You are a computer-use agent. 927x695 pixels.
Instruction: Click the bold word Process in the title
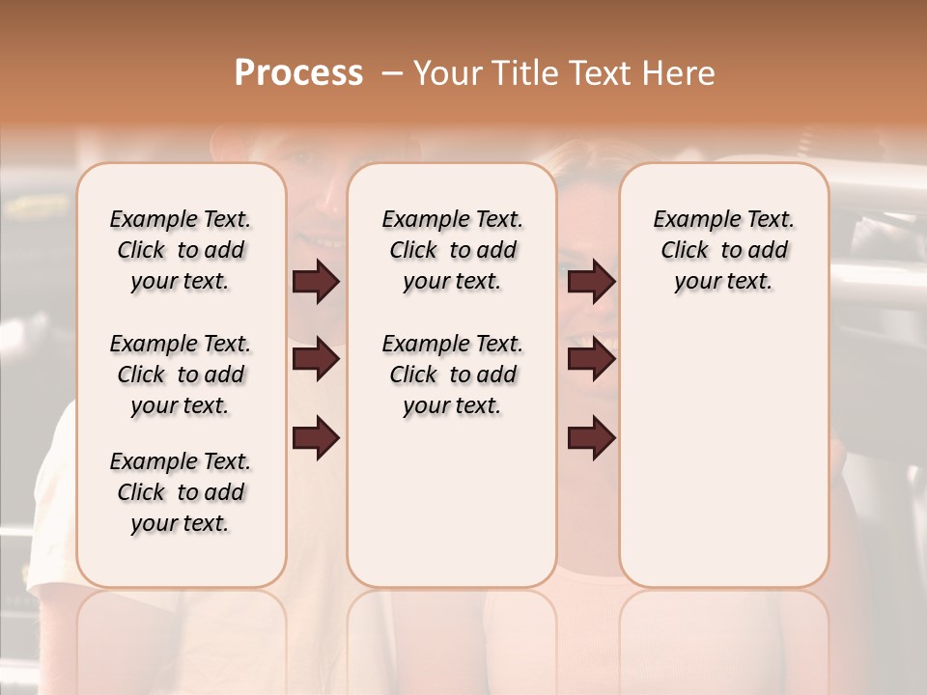(298, 73)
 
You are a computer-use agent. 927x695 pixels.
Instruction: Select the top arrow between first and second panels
(316, 282)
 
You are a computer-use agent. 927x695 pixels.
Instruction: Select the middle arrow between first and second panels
(316, 360)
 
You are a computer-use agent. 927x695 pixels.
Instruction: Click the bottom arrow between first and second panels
(316, 438)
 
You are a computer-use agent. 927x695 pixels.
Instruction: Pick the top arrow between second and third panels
(591, 282)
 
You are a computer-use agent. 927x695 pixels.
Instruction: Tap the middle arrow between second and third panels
(591, 360)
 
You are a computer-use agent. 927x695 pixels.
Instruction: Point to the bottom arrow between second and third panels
(591, 438)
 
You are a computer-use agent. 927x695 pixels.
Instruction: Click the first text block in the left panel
(181, 250)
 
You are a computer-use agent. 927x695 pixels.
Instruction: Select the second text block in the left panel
(181, 375)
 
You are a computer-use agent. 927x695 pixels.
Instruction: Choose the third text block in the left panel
(181, 492)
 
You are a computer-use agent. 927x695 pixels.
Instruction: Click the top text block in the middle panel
(452, 250)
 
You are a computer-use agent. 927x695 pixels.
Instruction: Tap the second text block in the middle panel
(452, 375)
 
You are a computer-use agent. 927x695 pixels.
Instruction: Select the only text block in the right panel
(724, 250)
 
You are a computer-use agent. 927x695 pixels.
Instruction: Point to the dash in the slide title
(392, 73)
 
